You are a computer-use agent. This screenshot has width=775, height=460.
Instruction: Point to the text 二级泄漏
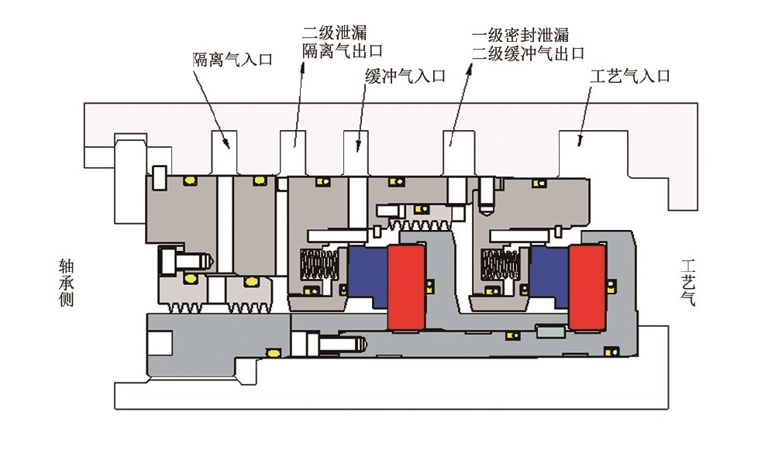pos(334,33)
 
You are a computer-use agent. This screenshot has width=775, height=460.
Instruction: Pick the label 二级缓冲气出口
pos(528,53)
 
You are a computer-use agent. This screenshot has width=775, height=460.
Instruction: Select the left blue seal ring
pos(367,274)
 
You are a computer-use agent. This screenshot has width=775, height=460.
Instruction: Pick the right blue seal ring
pos(549,274)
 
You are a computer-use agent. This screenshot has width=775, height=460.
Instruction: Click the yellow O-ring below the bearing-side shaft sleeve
pos(273,352)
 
